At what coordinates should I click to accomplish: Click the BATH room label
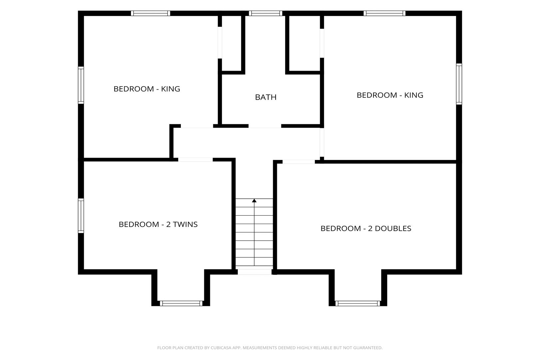pyautogui.click(x=266, y=97)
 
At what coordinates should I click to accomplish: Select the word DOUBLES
pyautogui.click(x=393, y=228)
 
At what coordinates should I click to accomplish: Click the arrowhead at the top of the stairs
pyautogui.click(x=254, y=201)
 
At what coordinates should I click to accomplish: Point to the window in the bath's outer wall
pyautogui.click(x=266, y=13)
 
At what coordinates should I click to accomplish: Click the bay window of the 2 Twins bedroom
pyautogui.click(x=181, y=303)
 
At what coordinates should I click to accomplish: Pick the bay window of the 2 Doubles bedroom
pyautogui.click(x=358, y=303)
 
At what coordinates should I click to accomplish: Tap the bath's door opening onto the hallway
pyautogui.click(x=265, y=126)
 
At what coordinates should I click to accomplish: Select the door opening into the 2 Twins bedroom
pyautogui.click(x=195, y=159)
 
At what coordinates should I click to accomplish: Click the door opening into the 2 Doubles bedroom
pyautogui.click(x=299, y=162)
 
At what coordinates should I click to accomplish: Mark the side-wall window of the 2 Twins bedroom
pyautogui.click(x=81, y=216)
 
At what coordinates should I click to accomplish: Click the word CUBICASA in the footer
pyautogui.click(x=221, y=348)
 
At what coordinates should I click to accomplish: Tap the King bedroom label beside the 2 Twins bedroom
pyautogui.click(x=147, y=89)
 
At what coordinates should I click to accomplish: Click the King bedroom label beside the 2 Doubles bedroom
pyautogui.click(x=390, y=95)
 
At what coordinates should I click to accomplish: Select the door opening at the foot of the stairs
pyautogui.click(x=255, y=272)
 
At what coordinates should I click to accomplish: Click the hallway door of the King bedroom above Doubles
pyautogui.click(x=322, y=142)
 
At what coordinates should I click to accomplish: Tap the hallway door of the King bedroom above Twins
pyautogui.click(x=197, y=126)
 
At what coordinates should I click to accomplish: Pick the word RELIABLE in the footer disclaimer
pyautogui.click(x=322, y=348)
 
